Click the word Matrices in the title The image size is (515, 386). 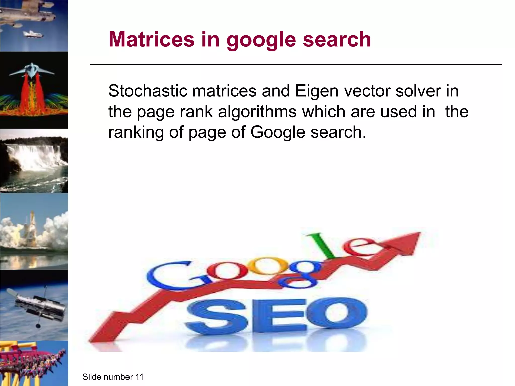[151, 39]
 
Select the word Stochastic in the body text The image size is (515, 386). [148, 91]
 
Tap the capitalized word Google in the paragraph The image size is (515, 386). [278, 132]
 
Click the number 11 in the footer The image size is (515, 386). [139, 377]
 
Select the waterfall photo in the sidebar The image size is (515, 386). [34, 161]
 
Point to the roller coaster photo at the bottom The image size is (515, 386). [34, 363]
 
